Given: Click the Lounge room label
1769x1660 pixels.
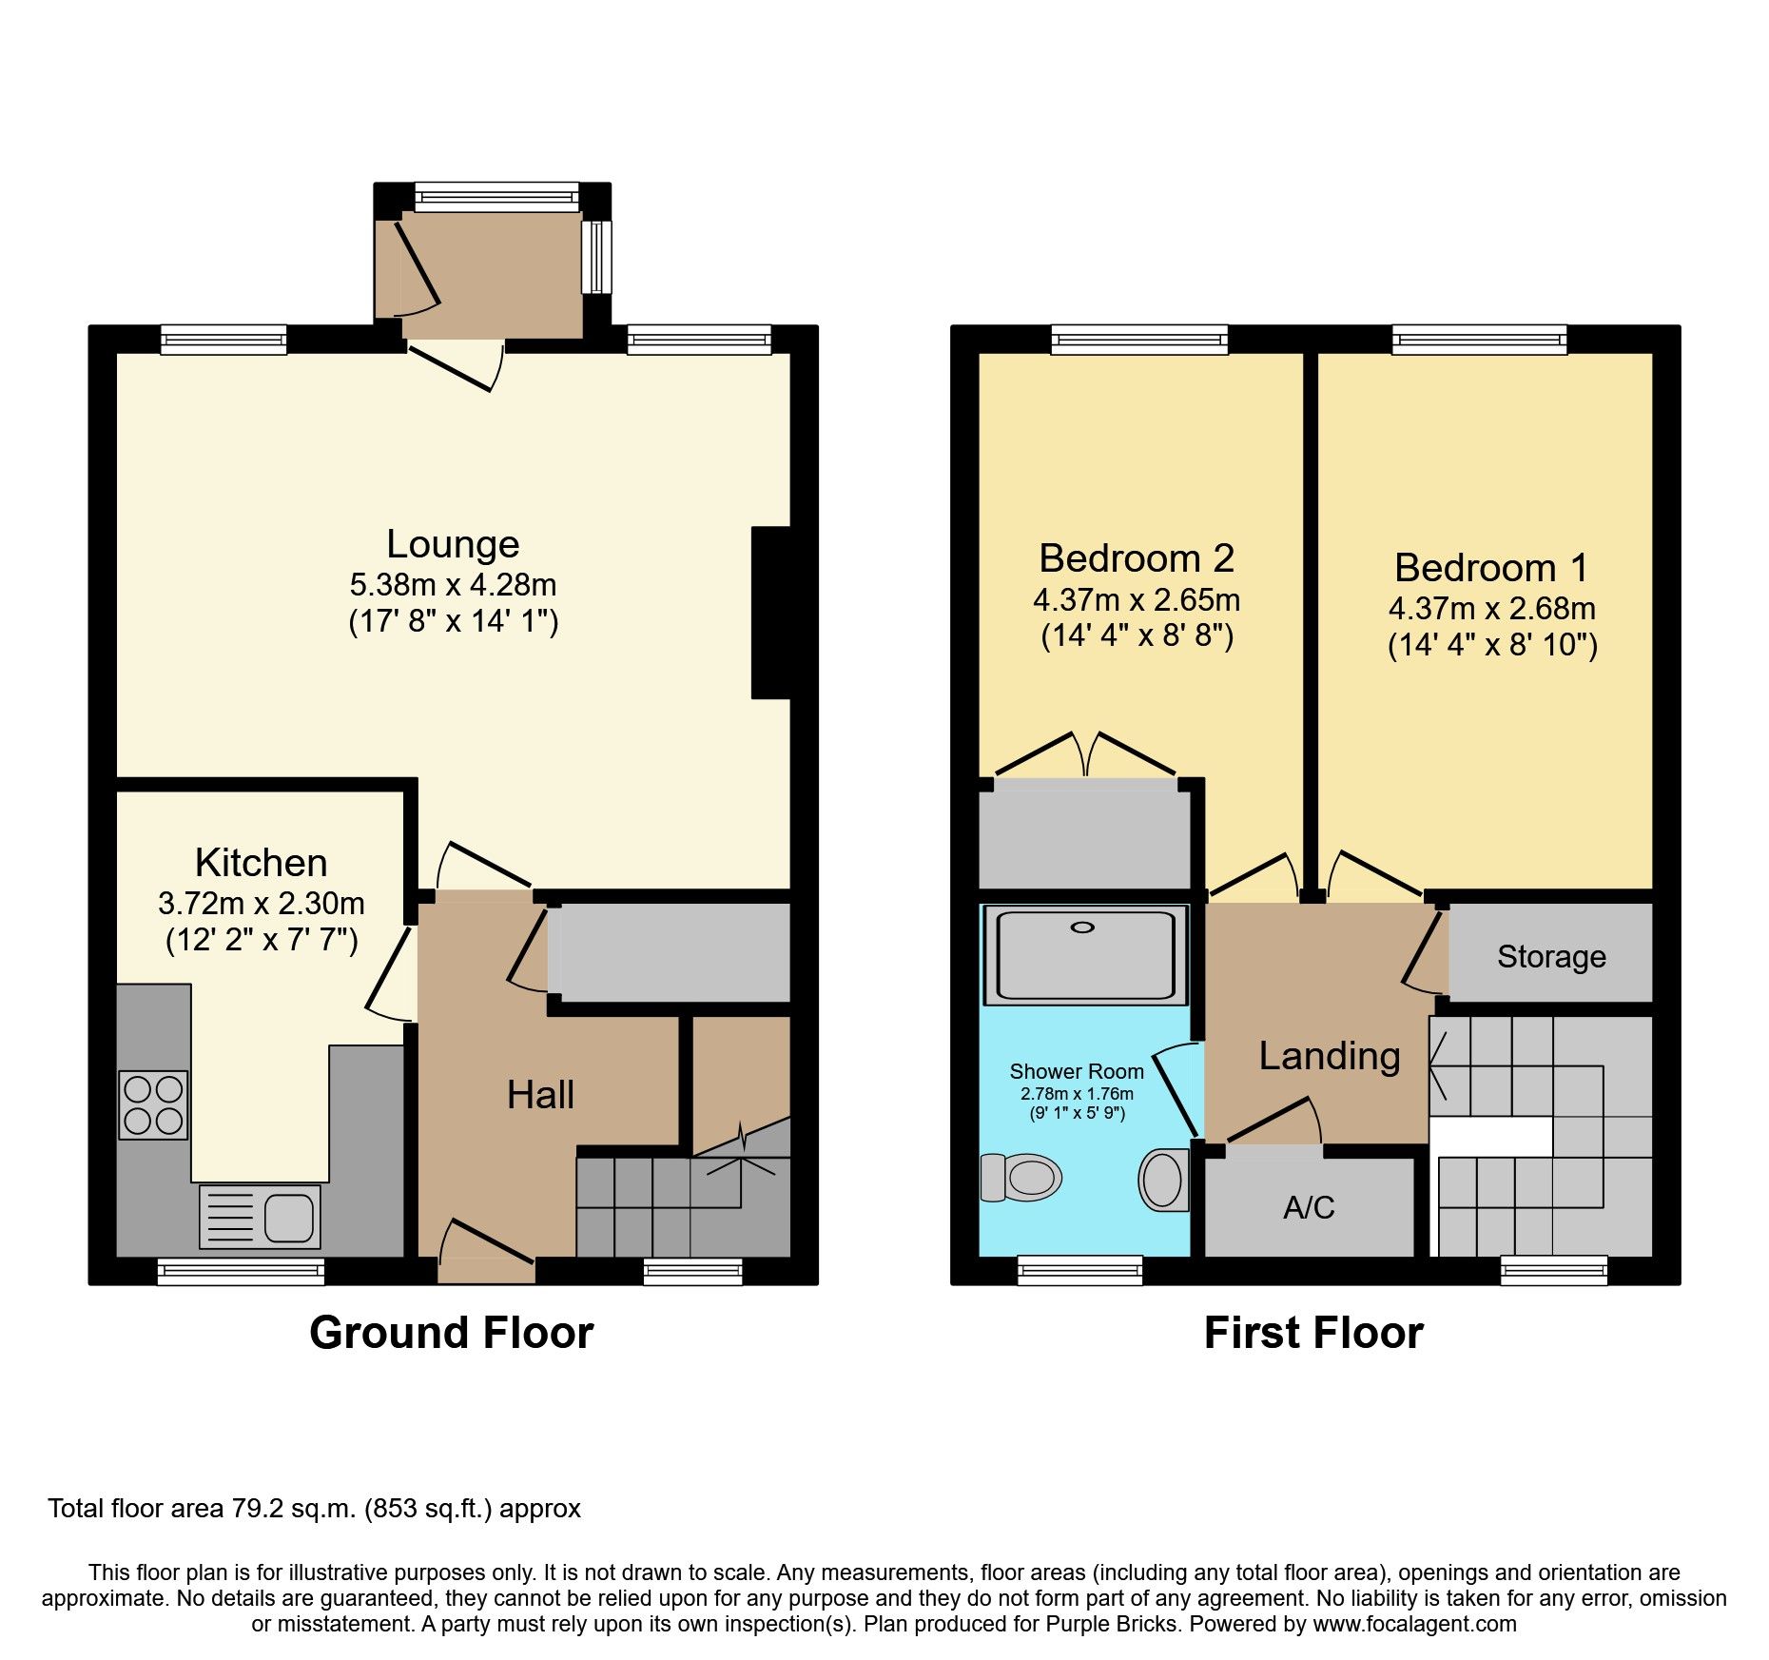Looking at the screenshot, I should [x=453, y=544].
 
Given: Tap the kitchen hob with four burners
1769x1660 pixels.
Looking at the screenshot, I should [x=153, y=1104].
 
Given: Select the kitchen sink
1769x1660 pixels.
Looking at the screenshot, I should [x=260, y=1216].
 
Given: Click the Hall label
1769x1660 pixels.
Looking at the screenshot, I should [x=540, y=1095].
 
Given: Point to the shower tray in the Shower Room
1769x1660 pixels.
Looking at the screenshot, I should [x=1085, y=955].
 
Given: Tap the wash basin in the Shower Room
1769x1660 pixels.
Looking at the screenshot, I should [x=1163, y=1180].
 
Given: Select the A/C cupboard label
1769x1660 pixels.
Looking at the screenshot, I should [x=1309, y=1208].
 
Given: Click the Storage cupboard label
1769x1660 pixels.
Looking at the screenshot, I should [x=1551, y=957].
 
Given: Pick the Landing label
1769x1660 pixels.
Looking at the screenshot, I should [x=1329, y=1056].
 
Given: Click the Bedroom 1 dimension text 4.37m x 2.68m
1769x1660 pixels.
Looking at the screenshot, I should [x=1491, y=609].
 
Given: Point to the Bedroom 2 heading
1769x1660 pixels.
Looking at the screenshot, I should [x=1136, y=558].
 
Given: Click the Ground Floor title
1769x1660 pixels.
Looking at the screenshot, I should [x=451, y=1333].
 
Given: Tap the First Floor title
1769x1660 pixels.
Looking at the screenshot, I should [x=1313, y=1333].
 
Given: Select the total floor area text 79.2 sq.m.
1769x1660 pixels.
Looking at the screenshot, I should [x=314, y=1509].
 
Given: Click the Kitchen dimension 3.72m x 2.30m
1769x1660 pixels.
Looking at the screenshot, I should [x=262, y=904].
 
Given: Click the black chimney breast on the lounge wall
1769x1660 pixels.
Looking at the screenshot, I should [x=771, y=613].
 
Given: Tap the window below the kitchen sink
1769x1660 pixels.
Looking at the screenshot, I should [x=241, y=1271].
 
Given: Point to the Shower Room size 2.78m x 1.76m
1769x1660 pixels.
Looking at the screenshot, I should [x=1077, y=1094].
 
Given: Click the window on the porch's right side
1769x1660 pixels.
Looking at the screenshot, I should [x=596, y=257].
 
